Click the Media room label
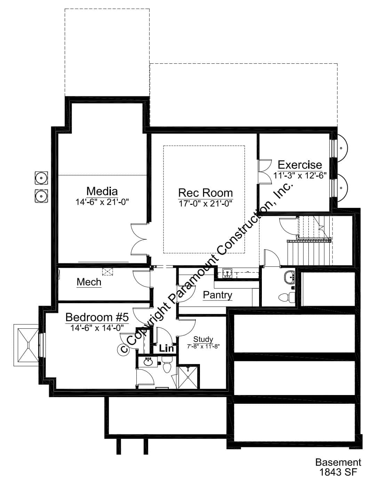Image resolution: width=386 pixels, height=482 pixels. pyautogui.click(x=102, y=191)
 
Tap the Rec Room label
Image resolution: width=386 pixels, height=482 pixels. pyautogui.click(x=205, y=193)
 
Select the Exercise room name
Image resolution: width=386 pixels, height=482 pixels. pyautogui.click(x=300, y=164)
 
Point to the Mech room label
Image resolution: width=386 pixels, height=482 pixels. pyautogui.click(x=89, y=282)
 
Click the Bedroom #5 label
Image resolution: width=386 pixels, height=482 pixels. pyautogui.click(x=97, y=317)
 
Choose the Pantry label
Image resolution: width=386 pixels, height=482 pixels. pyautogui.click(x=217, y=295)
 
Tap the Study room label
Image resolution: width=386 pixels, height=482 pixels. pyautogui.click(x=203, y=339)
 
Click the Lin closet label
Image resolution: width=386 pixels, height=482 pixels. pyautogui.click(x=166, y=348)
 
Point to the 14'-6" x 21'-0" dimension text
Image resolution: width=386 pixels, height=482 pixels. pyautogui.click(x=102, y=202)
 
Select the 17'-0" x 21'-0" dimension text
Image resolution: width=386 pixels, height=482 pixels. pyautogui.click(x=205, y=203)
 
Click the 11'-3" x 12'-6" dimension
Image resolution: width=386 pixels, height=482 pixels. pyautogui.click(x=300, y=175)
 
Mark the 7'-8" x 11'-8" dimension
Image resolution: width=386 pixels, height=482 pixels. pyautogui.click(x=203, y=346)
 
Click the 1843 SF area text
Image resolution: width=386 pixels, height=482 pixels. pyautogui.click(x=338, y=472)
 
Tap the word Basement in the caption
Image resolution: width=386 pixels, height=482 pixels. pyautogui.click(x=338, y=462)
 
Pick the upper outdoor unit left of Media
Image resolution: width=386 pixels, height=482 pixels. pyautogui.click(x=41, y=178)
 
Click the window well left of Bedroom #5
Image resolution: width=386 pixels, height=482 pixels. pyautogui.click(x=26, y=345)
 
